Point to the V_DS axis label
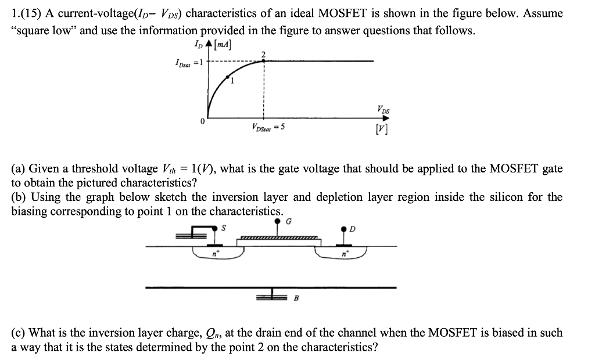click(383, 108)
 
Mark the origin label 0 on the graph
click(202, 123)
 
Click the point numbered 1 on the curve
click(228, 76)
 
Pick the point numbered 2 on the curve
click(264, 60)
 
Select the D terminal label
click(352, 229)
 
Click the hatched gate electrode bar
click(279, 237)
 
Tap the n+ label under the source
click(214, 253)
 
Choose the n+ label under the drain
click(345, 253)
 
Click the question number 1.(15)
click(26, 13)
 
